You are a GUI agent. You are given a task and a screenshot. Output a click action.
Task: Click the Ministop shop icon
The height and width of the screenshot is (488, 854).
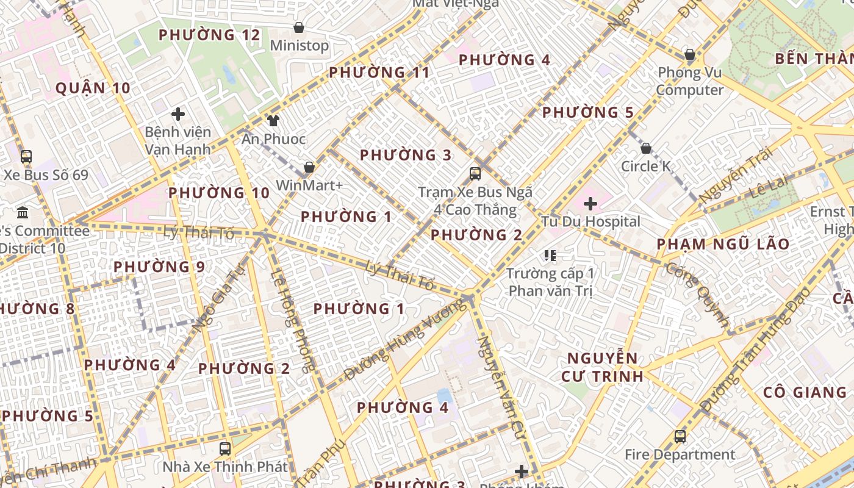299,27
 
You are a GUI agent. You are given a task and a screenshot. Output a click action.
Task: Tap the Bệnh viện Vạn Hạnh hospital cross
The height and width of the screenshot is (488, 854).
178,114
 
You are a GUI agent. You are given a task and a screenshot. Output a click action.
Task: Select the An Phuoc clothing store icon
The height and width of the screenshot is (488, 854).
273,121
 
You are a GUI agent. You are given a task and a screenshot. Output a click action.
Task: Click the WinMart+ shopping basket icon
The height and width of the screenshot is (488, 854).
309,167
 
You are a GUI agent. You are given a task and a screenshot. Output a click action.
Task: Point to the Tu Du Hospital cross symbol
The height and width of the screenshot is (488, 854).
590,204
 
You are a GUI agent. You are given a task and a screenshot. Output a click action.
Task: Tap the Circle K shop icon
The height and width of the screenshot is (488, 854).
646,148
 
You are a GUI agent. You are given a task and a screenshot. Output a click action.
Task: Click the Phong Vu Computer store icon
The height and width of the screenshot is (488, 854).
690,55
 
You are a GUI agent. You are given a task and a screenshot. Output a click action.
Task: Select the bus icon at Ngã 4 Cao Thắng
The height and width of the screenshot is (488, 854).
475,174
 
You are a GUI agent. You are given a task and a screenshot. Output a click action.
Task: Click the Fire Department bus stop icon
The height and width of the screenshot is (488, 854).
680,437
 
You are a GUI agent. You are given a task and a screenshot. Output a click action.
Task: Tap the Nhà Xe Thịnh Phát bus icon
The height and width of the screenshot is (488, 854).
225,449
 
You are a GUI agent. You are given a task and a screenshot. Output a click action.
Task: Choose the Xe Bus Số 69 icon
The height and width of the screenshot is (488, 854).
26,157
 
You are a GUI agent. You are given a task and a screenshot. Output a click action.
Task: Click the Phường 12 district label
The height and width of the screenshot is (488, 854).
209,35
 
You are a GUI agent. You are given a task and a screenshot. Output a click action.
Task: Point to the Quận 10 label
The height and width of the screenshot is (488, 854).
93,88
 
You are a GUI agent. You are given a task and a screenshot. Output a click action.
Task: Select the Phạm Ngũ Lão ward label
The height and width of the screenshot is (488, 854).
723,245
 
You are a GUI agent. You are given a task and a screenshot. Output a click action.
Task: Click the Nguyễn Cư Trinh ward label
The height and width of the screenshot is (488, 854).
602,367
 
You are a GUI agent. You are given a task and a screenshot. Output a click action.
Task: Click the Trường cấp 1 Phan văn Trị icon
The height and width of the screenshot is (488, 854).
550,255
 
